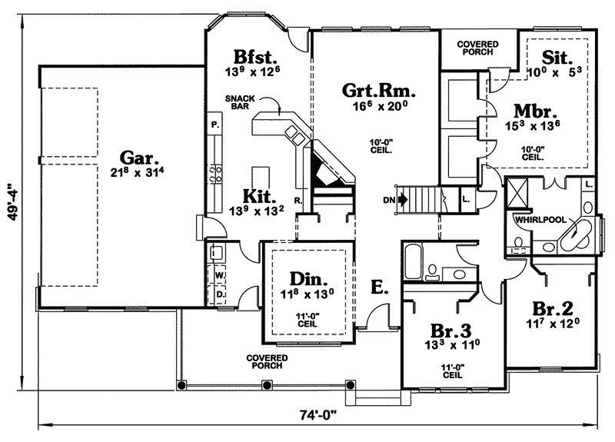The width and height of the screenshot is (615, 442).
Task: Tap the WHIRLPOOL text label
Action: (x=537, y=219)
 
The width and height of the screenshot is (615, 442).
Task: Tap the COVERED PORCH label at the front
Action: (x=267, y=362)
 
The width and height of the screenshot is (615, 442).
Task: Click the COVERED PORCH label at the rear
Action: (x=477, y=48)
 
